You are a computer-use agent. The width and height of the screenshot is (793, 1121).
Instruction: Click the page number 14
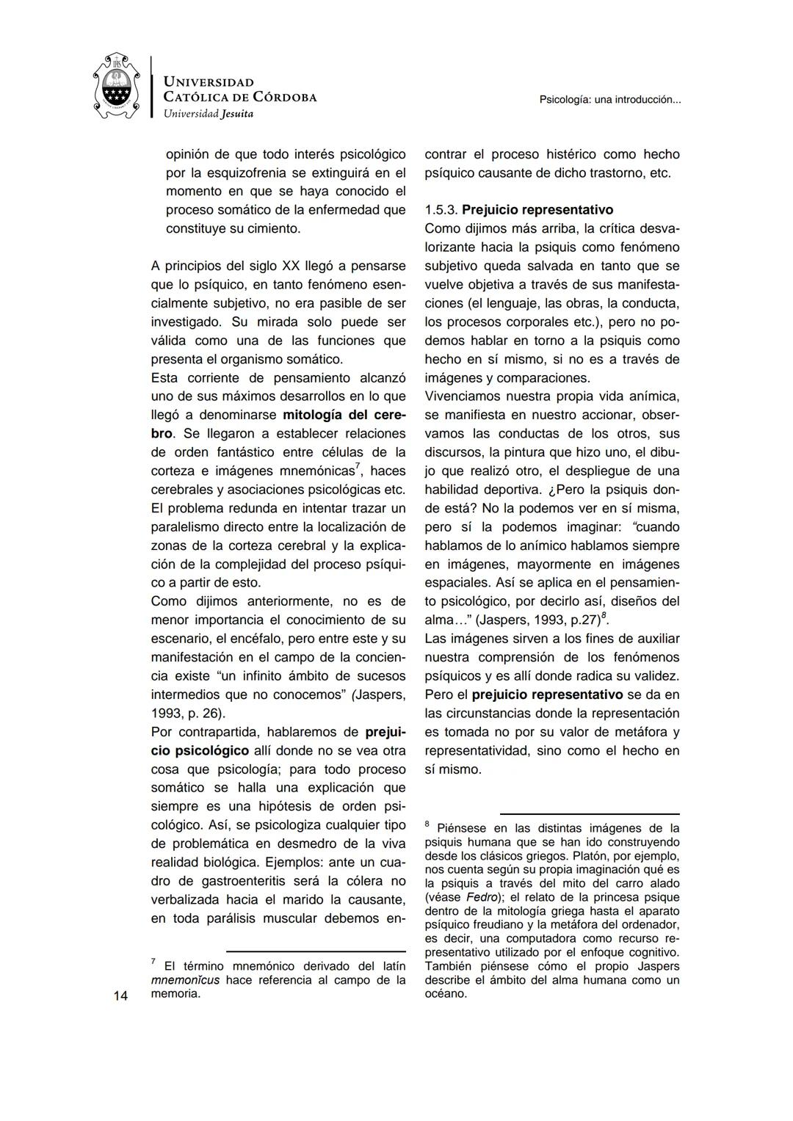(x=120, y=995)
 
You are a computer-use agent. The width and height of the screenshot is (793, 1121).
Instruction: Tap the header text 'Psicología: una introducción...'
(x=609, y=99)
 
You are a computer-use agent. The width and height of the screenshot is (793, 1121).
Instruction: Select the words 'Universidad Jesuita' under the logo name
(x=208, y=114)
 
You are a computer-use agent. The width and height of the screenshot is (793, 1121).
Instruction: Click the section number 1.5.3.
(x=441, y=210)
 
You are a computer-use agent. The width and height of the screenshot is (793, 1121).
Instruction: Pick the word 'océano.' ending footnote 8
(x=446, y=993)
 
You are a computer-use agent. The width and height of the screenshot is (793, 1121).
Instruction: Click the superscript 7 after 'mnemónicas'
(x=358, y=467)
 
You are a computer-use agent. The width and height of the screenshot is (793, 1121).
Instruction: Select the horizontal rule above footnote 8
(x=589, y=813)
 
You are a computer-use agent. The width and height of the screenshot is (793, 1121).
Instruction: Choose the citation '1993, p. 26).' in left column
(x=188, y=714)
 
